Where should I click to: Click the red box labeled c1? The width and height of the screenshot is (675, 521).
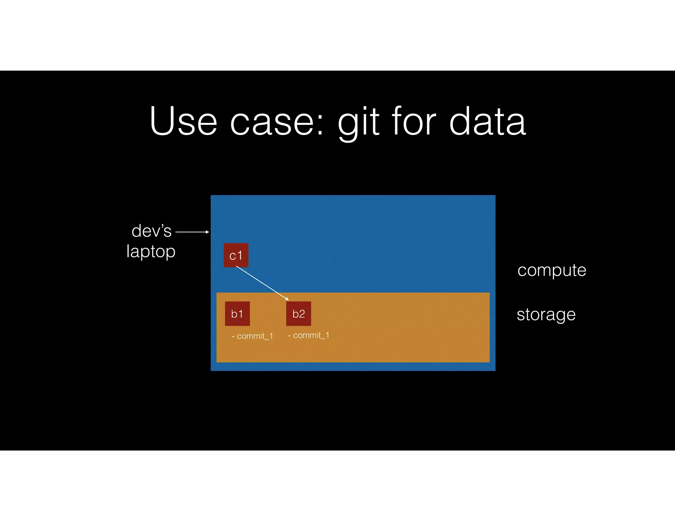click(236, 255)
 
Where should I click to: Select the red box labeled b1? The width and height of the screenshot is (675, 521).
click(237, 314)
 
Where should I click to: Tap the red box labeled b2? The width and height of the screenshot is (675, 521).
click(299, 314)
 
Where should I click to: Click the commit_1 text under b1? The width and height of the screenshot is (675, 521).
click(252, 336)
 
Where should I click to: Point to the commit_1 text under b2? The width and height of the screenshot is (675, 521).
click(309, 335)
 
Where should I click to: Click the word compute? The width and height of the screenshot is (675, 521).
click(552, 270)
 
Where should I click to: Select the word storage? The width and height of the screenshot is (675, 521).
click(546, 315)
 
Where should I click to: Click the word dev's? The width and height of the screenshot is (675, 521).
click(152, 231)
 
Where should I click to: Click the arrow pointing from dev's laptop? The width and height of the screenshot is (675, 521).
click(192, 232)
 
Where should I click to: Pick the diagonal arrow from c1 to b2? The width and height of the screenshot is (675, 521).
click(262, 283)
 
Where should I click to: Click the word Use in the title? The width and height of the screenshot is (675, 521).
click(183, 121)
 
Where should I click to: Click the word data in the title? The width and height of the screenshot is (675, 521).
click(487, 121)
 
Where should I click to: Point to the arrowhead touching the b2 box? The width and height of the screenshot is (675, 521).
click(287, 299)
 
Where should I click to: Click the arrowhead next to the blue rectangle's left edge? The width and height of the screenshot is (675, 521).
click(207, 232)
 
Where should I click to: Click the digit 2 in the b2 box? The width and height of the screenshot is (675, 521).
click(302, 314)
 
